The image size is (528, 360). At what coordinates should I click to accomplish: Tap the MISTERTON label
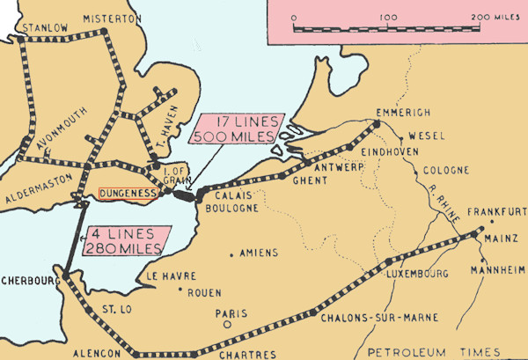coord(112,18)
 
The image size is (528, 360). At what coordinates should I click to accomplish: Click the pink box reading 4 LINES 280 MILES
coord(123,240)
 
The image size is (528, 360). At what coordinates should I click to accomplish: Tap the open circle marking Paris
coord(226,324)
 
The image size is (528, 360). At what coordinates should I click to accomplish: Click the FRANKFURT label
coord(497,212)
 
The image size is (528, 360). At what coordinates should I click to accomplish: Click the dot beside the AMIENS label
coord(231,254)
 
